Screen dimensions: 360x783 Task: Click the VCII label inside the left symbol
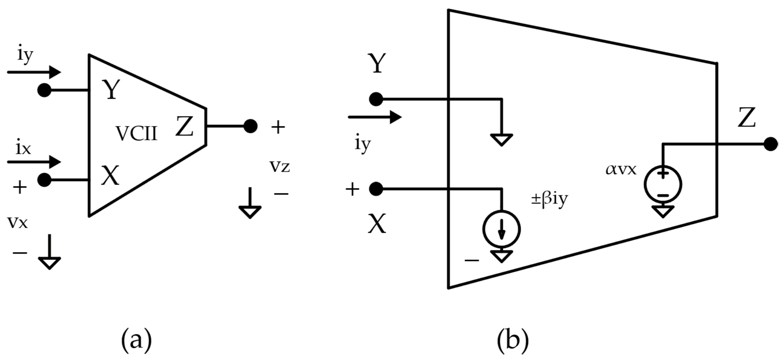pos(137,134)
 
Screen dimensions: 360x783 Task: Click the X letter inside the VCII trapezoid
pos(110,176)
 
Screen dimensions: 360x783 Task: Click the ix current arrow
pos(34,162)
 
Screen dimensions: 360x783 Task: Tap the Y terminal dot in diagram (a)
pos(44,90)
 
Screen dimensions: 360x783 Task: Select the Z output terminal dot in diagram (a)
pos(251,126)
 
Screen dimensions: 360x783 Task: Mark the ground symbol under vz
pos(250,210)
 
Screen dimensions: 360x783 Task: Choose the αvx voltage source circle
pos(663,185)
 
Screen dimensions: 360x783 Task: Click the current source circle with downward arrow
pos(501,229)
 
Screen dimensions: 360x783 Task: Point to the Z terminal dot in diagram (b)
pos(771,144)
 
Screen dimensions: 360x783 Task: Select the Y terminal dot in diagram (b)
pos(376,99)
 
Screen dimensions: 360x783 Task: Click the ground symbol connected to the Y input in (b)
pos(501,139)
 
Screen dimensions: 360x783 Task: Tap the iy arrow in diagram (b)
pos(375,117)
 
